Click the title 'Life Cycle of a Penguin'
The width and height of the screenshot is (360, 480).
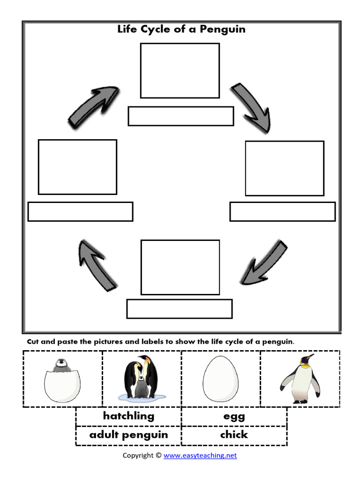pyautogui.click(x=181, y=30)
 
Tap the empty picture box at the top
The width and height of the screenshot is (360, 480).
pyautogui.click(x=180, y=70)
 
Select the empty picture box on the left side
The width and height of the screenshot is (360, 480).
pyautogui.click(x=77, y=166)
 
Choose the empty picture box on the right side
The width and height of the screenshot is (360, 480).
pyautogui.click(x=285, y=168)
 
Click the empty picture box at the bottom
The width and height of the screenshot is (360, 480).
pyautogui.click(x=180, y=267)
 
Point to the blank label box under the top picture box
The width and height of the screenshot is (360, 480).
pyautogui.click(x=181, y=116)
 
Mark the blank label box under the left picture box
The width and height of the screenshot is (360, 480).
pyautogui.click(x=80, y=211)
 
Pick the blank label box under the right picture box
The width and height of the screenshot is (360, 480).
pyautogui.click(x=282, y=211)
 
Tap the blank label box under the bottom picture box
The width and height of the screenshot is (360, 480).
pyautogui.click(x=180, y=308)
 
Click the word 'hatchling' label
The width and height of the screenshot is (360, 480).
pyautogui.click(x=128, y=416)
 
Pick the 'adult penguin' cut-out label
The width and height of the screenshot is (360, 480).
pyautogui.click(x=128, y=435)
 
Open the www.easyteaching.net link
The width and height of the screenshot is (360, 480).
pyautogui.click(x=200, y=455)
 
